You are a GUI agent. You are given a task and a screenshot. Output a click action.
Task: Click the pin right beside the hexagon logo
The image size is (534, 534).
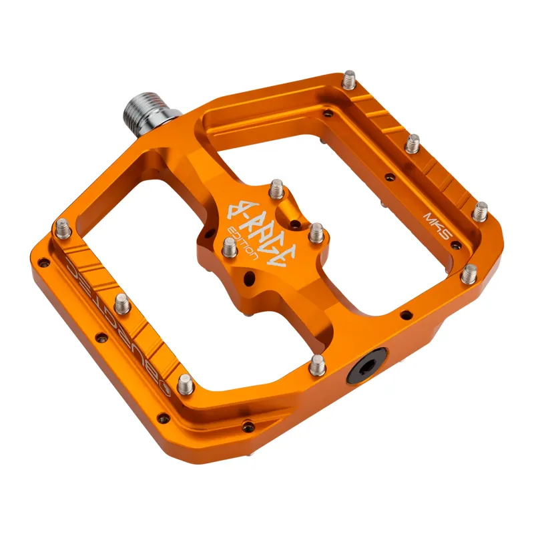(x=186, y=382)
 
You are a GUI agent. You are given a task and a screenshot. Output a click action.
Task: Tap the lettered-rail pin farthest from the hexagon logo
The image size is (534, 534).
(x=62, y=228)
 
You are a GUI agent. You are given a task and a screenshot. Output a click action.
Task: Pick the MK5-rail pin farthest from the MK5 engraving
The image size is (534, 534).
(x=350, y=81)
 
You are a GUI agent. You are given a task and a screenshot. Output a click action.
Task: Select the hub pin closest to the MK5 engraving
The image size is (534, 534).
(x=316, y=233)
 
